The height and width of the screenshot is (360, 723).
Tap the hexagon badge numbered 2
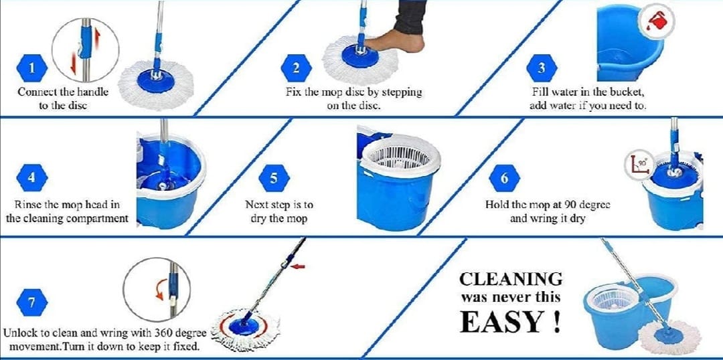coord(296,68)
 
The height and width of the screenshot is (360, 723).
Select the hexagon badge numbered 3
coord(542,68)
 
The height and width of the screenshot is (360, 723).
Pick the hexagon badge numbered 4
coord(32,178)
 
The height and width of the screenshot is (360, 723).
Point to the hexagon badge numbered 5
coord(274,178)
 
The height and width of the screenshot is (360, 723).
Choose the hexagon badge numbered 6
coord(505,178)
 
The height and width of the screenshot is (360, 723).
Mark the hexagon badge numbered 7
coord(32,302)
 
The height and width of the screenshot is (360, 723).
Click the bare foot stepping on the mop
coord(395,41)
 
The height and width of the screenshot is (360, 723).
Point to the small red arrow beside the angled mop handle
coord(298,266)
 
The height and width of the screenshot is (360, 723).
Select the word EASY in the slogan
coord(501,323)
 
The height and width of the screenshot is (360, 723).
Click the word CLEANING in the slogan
coord(510,278)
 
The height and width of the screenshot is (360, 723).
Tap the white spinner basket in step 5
coord(400,155)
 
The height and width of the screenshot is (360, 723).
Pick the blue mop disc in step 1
coord(156,82)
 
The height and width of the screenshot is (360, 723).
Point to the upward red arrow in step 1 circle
coord(97,38)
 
